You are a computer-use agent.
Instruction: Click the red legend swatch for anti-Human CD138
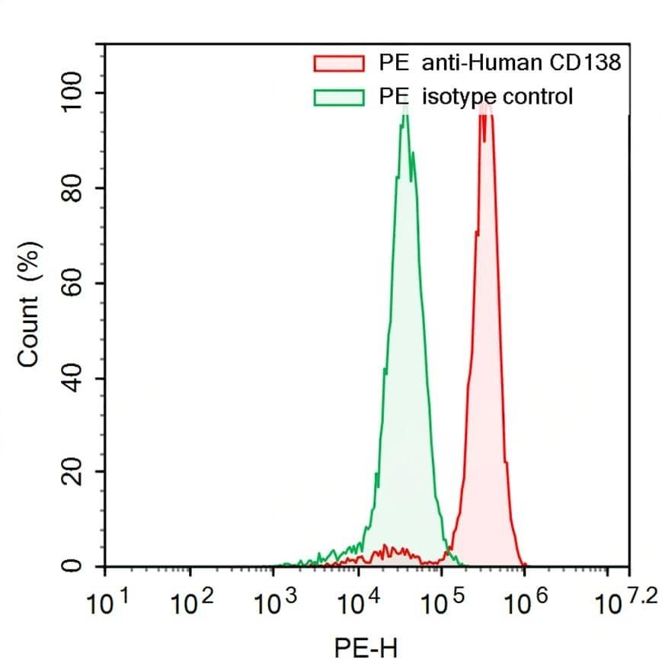pos(338,63)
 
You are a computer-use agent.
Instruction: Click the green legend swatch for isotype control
pos(338,97)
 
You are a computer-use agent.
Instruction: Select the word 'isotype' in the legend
pos(455,98)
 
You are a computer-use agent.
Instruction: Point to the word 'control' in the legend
pos(536,97)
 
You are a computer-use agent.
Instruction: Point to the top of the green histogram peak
pos(405,108)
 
